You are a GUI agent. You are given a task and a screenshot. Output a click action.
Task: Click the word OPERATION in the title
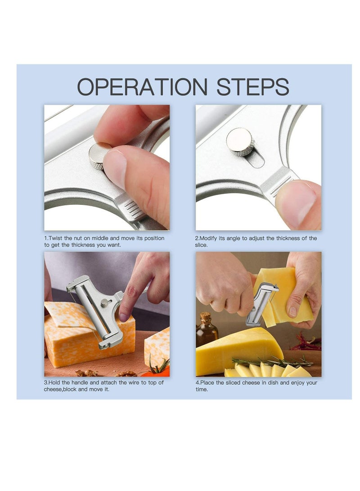click(142, 86)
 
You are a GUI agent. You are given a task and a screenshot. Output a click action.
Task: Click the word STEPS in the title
click(252, 86)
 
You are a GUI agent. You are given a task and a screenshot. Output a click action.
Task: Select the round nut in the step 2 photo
click(240, 141)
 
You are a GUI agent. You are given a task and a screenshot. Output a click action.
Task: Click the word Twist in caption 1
click(56, 238)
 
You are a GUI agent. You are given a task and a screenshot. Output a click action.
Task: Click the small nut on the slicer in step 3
click(105, 302)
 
